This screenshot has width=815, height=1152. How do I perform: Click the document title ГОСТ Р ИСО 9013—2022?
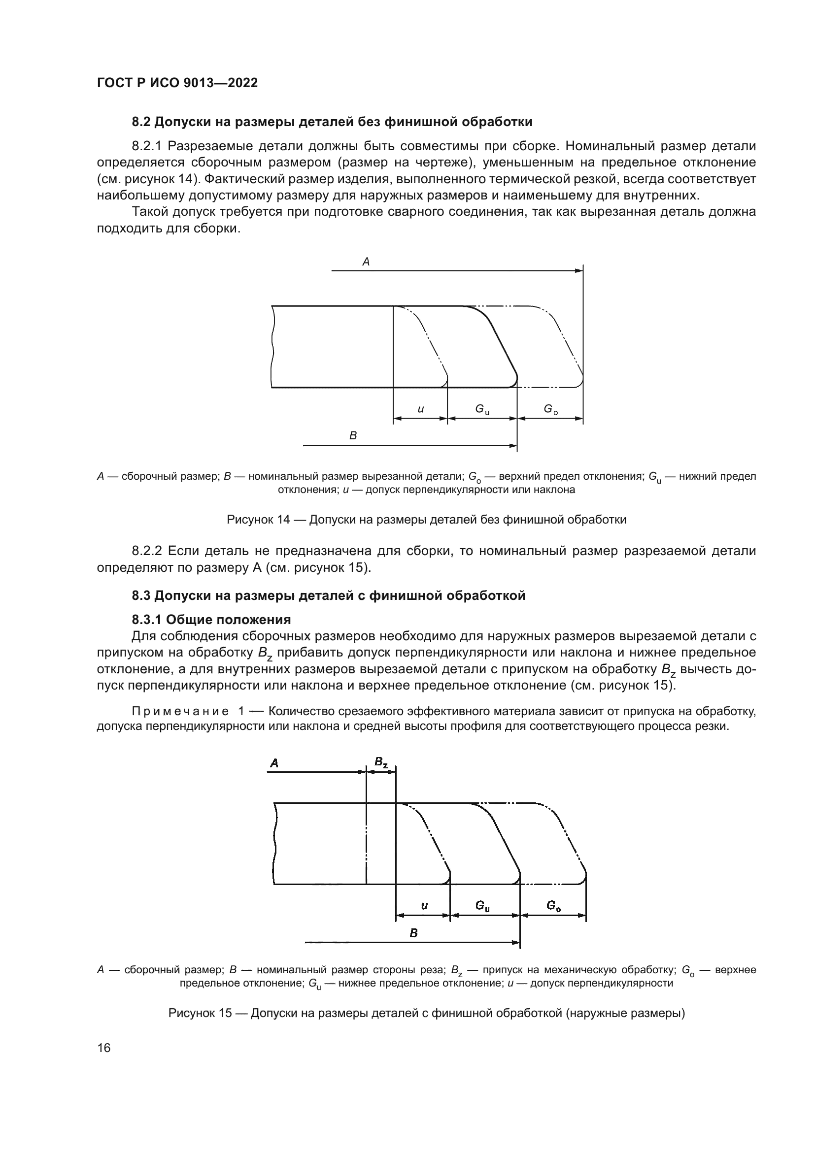pyautogui.click(x=177, y=83)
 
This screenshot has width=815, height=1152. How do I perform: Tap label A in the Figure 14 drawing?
pyautogui.click(x=366, y=262)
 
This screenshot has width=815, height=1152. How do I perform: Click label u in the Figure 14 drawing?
pyautogui.click(x=420, y=409)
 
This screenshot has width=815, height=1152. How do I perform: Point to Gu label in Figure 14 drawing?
pyautogui.click(x=482, y=410)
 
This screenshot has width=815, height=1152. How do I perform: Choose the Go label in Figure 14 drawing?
pyautogui.click(x=550, y=410)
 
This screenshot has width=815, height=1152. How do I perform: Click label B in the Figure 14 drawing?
pyautogui.click(x=353, y=435)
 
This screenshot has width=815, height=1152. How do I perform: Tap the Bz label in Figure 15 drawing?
pyautogui.click(x=381, y=762)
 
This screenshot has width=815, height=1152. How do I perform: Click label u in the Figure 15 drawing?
pyautogui.click(x=424, y=906)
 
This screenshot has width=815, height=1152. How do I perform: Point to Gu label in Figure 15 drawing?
pyautogui.click(x=483, y=906)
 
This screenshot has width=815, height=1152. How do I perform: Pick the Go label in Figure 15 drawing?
pyautogui.click(x=553, y=906)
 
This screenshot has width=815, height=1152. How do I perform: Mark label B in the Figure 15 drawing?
pyautogui.click(x=413, y=933)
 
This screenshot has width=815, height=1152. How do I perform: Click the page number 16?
pyautogui.click(x=104, y=1048)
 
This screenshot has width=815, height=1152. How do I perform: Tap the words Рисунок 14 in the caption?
pyautogui.click(x=258, y=520)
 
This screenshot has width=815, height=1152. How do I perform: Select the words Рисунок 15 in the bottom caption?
pyautogui.click(x=200, y=1013)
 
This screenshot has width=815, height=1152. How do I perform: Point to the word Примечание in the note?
pyautogui.click(x=180, y=712)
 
